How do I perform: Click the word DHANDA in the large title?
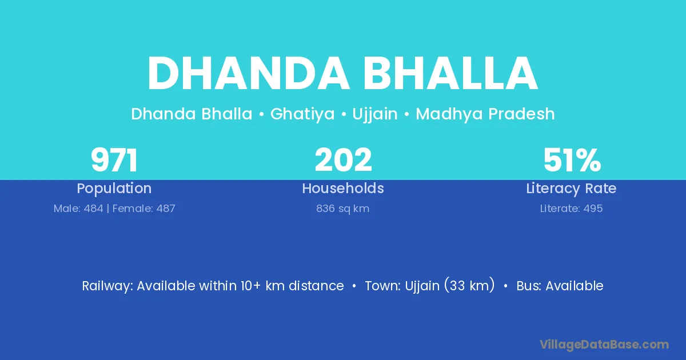click(248, 74)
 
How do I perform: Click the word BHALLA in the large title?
click(450, 74)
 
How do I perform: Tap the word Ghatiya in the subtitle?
click(302, 114)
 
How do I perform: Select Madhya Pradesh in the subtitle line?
click(485, 114)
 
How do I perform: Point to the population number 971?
click(114, 160)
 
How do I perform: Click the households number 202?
click(344, 160)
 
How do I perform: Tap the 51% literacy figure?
click(572, 160)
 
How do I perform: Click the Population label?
click(114, 189)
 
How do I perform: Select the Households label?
click(343, 188)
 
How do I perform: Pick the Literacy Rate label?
click(571, 189)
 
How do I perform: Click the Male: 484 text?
click(78, 209)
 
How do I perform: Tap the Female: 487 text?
click(143, 209)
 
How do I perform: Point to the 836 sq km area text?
click(342, 209)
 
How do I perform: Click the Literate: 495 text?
click(571, 209)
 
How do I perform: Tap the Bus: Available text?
click(560, 286)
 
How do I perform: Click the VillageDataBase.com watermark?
click(604, 345)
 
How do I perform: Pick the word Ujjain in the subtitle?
click(375, 114)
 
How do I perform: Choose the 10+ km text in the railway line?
click(263, 286)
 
